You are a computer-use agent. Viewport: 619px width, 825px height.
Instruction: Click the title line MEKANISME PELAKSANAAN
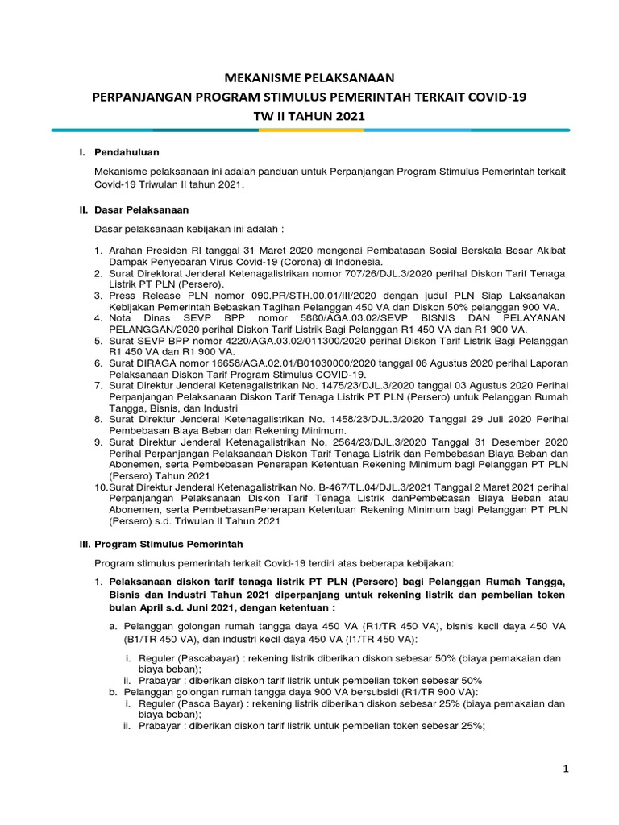[309, 78]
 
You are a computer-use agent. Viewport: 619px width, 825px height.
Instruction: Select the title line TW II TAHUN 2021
[309, 116]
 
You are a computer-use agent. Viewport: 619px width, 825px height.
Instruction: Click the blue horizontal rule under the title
[309, 130]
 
